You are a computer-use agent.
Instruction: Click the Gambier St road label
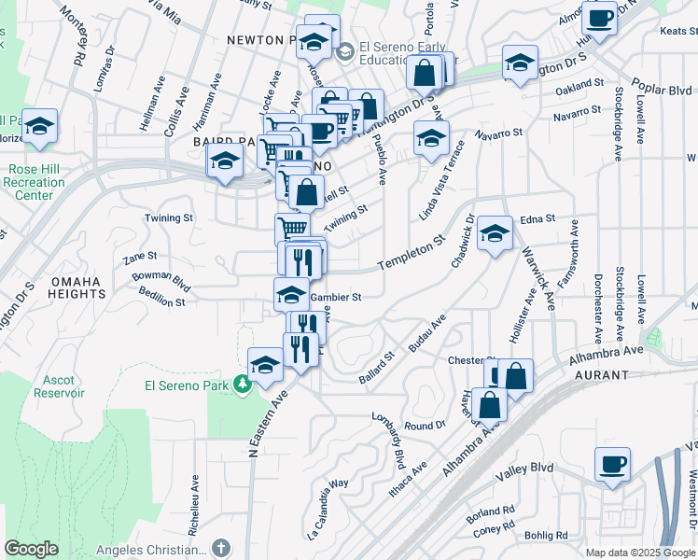[336, 297]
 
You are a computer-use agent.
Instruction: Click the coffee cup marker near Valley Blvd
[612, 465]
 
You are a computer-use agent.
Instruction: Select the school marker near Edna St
[495, 234]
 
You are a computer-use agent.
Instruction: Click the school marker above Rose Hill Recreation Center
[39, 126]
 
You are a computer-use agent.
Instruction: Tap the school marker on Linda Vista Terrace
[431, 140]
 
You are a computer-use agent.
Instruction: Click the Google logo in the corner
[32, 549]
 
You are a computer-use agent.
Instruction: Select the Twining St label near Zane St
[168, 217]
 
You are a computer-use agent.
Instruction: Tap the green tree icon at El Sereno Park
[242, 383]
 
